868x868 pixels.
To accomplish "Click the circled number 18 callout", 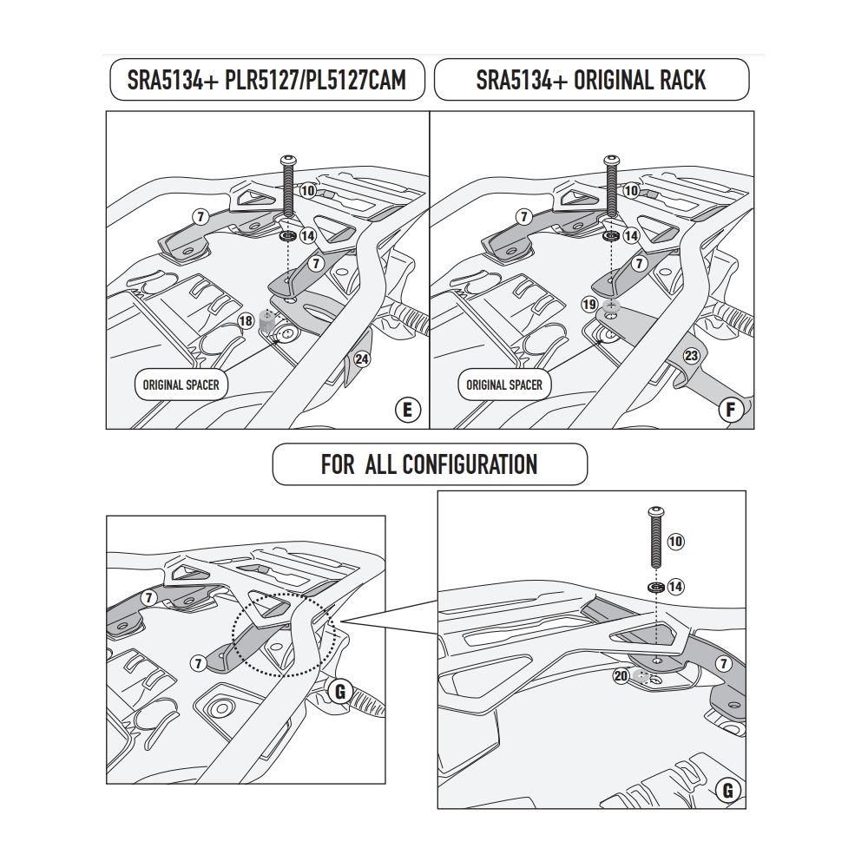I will [x=246, y=320].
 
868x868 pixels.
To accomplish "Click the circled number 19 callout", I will [x=589, y=305].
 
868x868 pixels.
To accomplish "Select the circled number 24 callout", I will [x=362, y=358].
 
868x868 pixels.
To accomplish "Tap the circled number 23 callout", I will [x=691, y=355].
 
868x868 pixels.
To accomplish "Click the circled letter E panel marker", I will [x=408, y=410].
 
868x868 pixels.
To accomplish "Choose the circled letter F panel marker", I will [x=731, y=410].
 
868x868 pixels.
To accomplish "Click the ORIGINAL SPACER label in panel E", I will [x=181, y=385].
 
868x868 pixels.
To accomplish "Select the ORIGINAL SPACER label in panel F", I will [x=504, y=385].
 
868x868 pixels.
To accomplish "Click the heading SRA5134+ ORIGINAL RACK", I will [x=591, y=81].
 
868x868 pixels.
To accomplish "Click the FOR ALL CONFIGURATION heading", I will [x=429, y=464].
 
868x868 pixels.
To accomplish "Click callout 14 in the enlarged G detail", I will [x=676, y=587].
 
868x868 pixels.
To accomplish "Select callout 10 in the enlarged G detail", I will [x=676, y=542].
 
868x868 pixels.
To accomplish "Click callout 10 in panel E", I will [x=307, y=190].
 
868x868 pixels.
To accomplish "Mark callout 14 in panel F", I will [x=631, y=235].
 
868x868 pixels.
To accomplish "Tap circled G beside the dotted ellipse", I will [x=340, y=692].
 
